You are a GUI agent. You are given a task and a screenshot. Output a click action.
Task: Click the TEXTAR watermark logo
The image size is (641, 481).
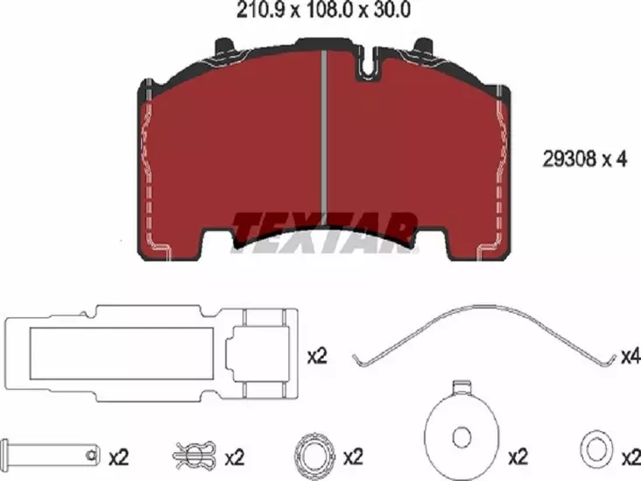coord(324,230)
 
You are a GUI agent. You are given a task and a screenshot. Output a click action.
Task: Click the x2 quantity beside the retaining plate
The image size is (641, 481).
coord(317,357)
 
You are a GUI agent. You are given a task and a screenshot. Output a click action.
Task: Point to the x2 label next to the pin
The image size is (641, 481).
coord(119,457)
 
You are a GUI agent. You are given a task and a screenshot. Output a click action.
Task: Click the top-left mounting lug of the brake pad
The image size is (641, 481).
coord(223,46)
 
